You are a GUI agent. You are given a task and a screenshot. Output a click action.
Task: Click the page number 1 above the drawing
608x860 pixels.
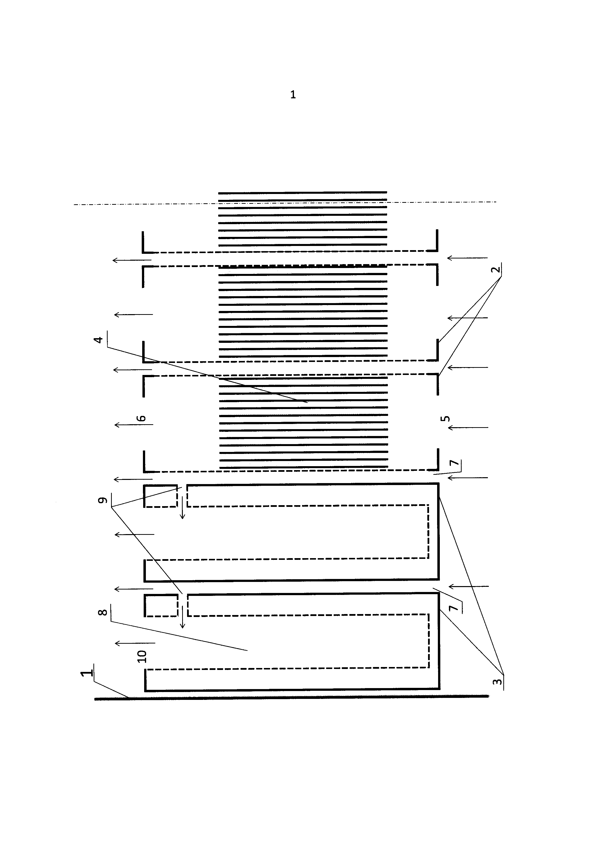[x=293, y=95]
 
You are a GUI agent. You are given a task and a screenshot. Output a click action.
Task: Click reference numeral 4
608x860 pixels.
[x=99, y=340]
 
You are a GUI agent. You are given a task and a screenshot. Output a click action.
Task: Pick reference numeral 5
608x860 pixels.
[x=445, y=418]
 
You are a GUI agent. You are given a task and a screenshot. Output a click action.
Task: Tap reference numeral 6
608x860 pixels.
[x=141, y=418]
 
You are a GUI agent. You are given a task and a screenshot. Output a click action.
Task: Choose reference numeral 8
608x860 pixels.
[x=102, y=612]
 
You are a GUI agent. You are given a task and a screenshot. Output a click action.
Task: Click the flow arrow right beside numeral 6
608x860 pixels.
[x=134, y=425]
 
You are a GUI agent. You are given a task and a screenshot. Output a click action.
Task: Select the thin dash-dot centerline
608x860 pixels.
[x=285, y=203]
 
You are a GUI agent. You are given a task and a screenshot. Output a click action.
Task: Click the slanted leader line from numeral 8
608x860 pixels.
[x=180, y=636]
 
